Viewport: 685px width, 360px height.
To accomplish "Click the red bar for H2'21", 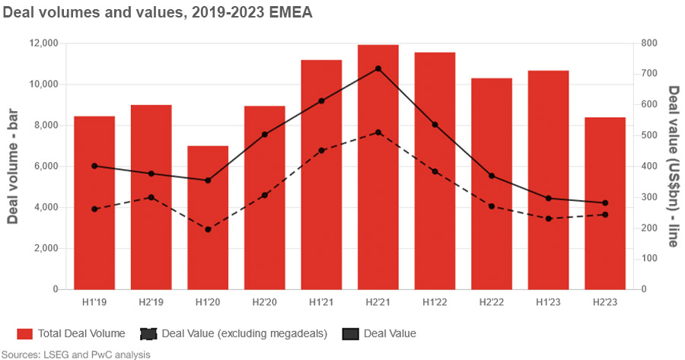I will [378, 167].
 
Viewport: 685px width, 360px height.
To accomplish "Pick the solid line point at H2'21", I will [378, 68].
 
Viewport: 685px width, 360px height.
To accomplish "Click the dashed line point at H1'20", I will [208, 229].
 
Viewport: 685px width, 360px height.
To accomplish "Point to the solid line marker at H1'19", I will [94, 166].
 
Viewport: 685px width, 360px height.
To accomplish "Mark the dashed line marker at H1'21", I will [321, 151].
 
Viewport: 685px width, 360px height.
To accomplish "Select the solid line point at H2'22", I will [492, 176].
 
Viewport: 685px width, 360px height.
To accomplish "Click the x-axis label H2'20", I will [264, 302].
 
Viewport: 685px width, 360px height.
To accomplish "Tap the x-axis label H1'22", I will [435, 302].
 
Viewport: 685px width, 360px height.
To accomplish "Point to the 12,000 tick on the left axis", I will [44, 43].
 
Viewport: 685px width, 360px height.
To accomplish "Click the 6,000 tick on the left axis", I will [47, 167].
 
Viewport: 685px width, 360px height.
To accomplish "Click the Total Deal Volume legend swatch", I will [25, 333].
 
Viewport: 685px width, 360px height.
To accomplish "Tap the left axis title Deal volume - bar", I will [13, 166].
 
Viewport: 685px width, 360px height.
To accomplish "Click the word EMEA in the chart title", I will [292, 12].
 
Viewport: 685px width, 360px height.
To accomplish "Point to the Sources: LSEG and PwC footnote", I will [76, 354].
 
